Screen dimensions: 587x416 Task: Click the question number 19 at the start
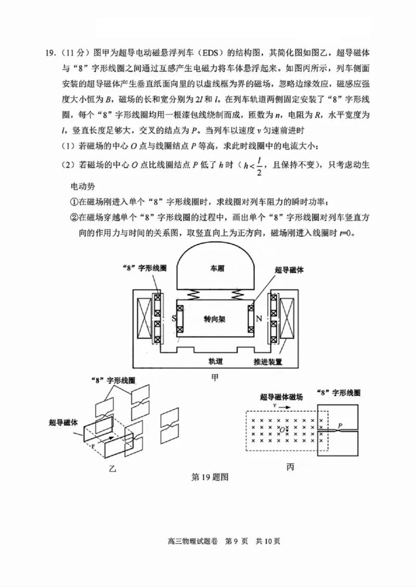point(51,53)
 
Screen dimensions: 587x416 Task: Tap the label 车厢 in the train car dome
point(216,269)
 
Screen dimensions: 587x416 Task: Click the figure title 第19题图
point(211,476)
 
